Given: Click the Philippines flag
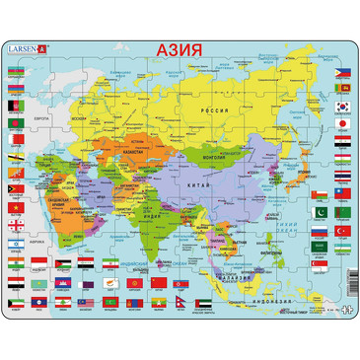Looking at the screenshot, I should (x=341, y=73).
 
